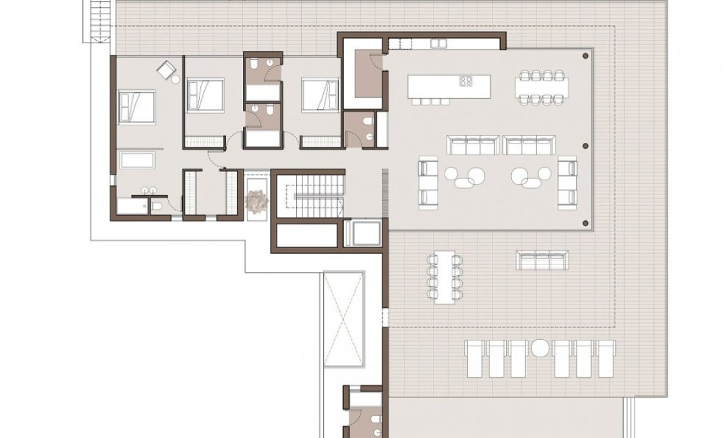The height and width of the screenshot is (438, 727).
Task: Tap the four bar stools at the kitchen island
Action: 430,101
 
